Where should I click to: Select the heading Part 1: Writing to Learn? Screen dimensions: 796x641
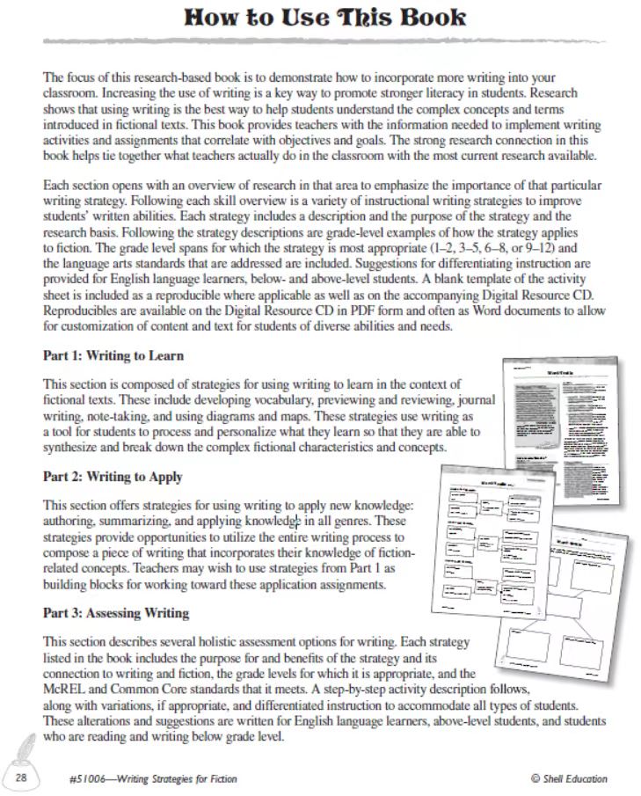(x=113, y=356)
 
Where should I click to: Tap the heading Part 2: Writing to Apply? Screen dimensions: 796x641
(x=113, y=477)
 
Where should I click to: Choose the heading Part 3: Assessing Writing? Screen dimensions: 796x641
(x=116, y=613)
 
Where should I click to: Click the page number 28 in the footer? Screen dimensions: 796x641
(x=24, y=778)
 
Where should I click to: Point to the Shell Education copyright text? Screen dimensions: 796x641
(x=569, y=778)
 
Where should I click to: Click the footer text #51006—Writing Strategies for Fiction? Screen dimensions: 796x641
(x=152, y=778)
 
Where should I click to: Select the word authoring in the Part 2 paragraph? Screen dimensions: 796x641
(x=70, y=520)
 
